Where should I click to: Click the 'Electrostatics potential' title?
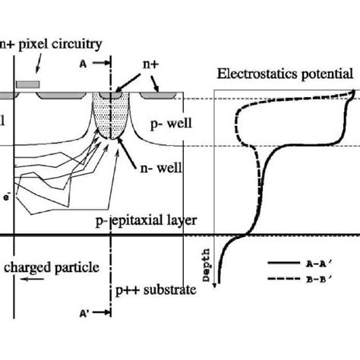[284, 74]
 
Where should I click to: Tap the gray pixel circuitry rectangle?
[28, 82]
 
